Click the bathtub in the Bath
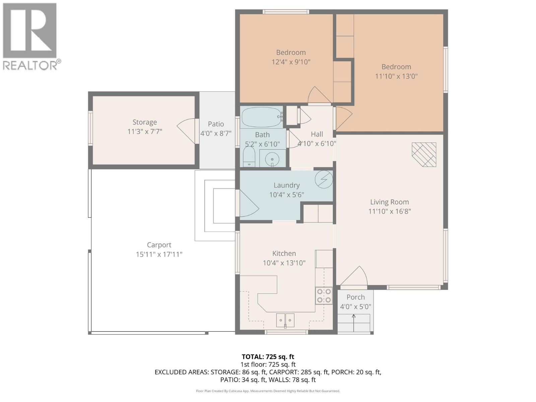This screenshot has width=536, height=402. click(261, 117)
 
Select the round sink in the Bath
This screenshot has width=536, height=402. click(272, 159)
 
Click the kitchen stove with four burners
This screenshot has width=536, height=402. click(324, 296)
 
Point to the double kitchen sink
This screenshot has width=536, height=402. click(285, 320)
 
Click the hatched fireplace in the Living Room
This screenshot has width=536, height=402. click(424, 154)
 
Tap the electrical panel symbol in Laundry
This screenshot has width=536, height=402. click(324, 180)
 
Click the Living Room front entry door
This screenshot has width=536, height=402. click(353, 277)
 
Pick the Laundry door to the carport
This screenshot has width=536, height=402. click(247, 203)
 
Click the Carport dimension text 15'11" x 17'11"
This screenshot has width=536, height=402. click(159, 254)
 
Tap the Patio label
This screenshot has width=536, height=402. click(216, 124)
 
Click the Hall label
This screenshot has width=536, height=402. click(317, 134)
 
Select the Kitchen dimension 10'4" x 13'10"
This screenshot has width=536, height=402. click(284, 263)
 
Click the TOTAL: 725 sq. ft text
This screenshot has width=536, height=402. click(268, 357)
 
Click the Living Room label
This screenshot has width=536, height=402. click(389, 202)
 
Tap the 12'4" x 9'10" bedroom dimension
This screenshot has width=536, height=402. click(291, 62)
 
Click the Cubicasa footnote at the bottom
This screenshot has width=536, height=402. click(268, 391)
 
